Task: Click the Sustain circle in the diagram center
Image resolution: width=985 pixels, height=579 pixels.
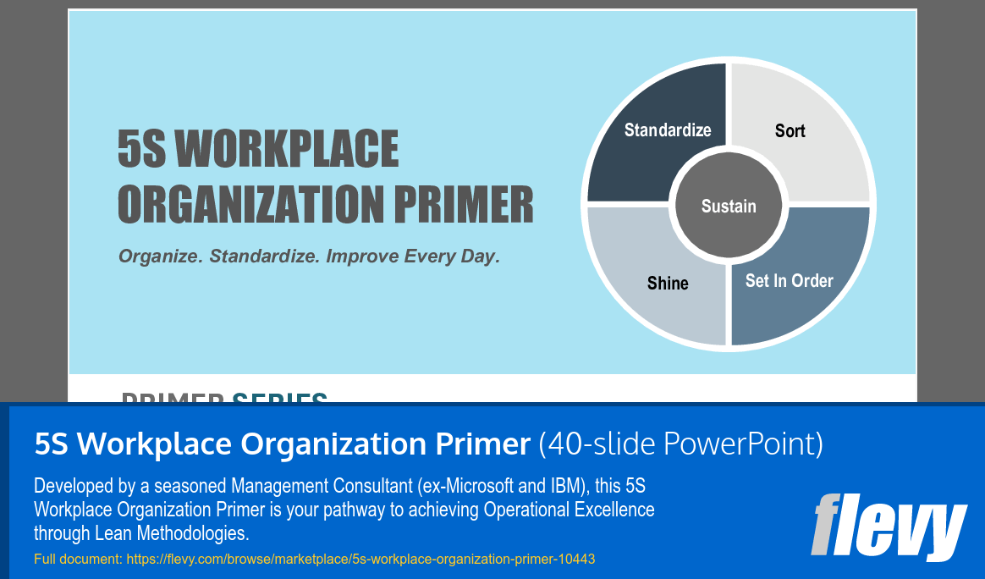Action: pos(729,206)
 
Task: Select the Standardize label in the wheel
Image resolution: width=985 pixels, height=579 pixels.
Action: pos(668,130)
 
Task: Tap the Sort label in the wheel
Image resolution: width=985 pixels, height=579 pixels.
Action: pos(790,130)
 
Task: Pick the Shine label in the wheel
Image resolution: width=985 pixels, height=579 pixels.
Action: pos(668,283)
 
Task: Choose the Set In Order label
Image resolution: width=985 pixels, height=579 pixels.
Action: pos(789,280)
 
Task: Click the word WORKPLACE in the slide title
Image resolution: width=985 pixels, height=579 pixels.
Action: pos(286,150)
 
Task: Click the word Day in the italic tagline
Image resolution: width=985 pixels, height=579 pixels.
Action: pos(480,256)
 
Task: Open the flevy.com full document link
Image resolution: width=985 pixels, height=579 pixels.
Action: pos(360,560)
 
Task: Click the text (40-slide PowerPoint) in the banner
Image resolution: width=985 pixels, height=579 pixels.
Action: pos(680,444)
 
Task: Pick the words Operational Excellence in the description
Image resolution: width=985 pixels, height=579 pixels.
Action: pos(569,510)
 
